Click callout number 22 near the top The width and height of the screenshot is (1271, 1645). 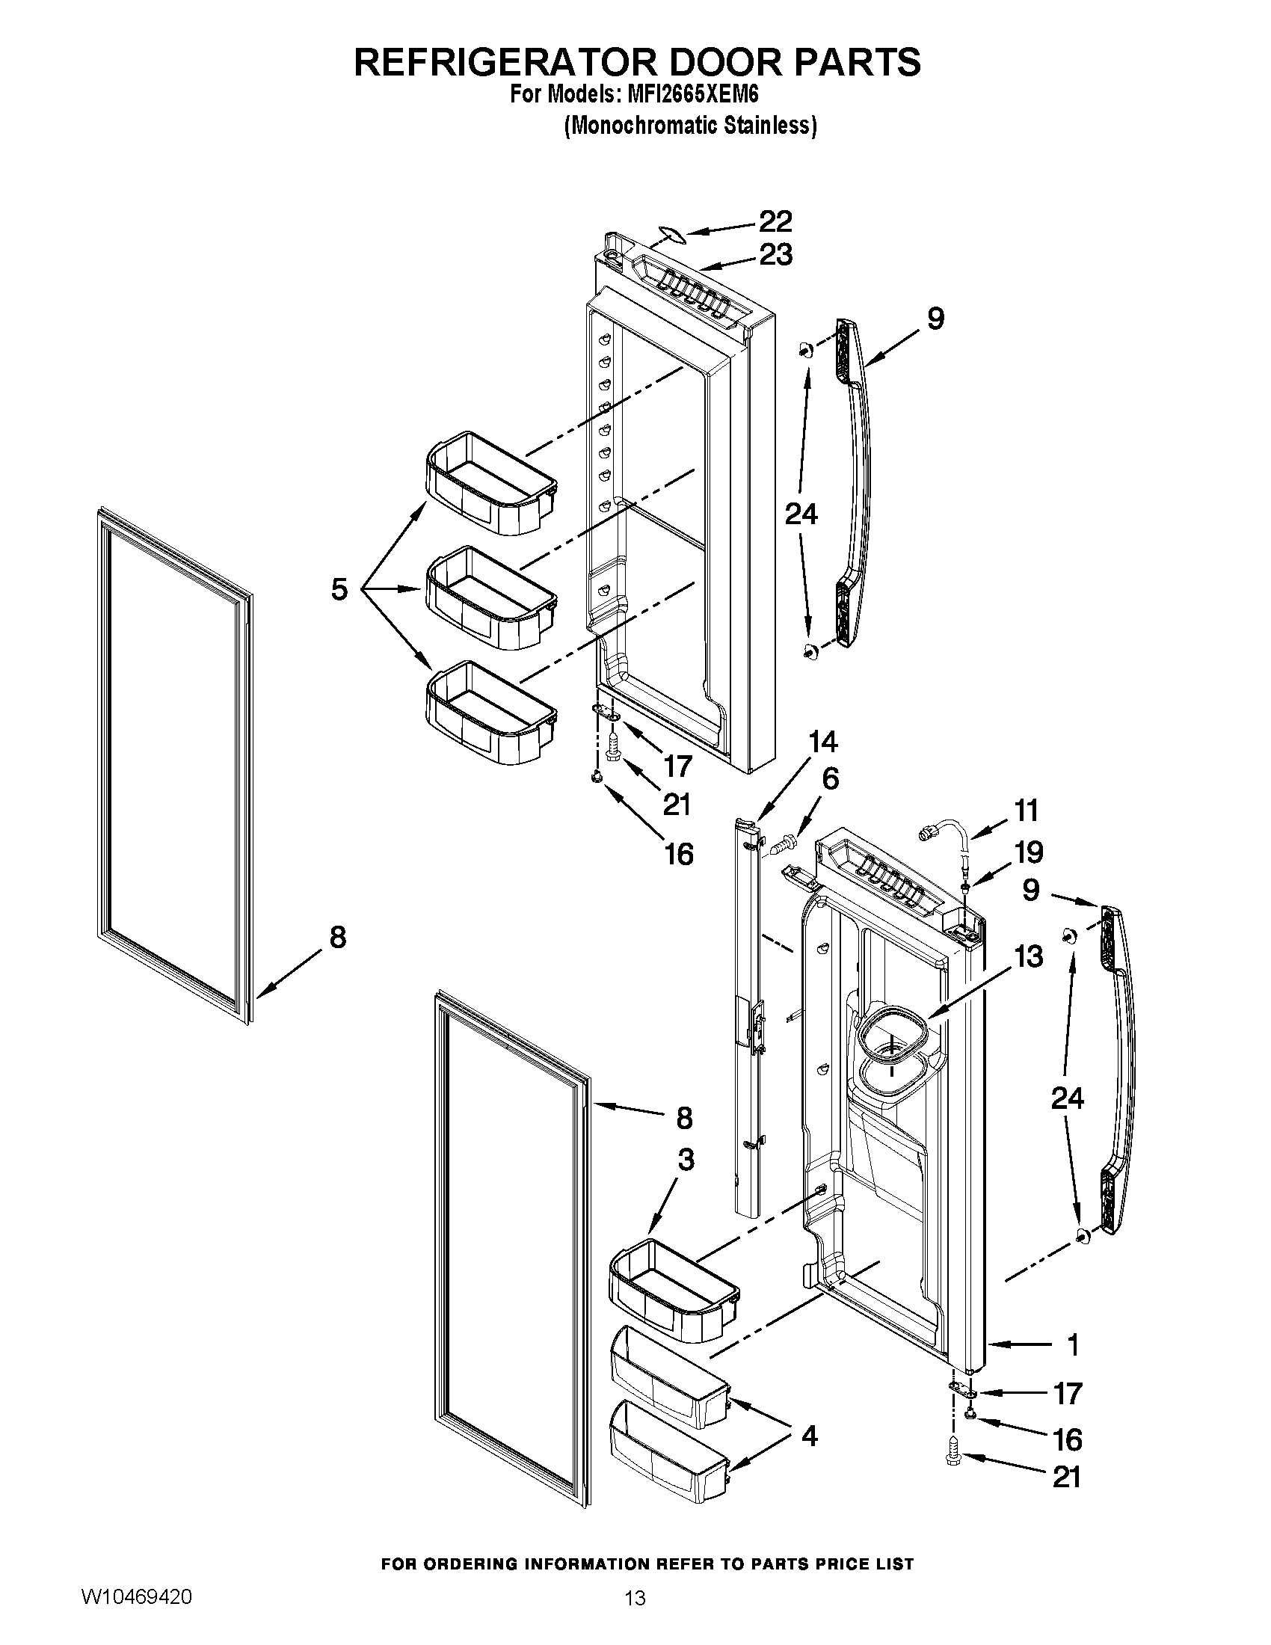pyautogui.click(x=775, y=221)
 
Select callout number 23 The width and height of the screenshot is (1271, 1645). pyautogui.click(x=775, y=255)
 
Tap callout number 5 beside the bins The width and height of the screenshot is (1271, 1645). pyautogui.click(x=339, y=589)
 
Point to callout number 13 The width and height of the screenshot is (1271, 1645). pyautogui.click(x=1028, y=956)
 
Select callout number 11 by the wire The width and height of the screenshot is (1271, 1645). pyautogui.click(x=1026, y=811)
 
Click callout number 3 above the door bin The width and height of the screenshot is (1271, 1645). pyautogui.click(x=685, y=1160)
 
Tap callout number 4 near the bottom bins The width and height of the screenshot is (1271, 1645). pyautogui.click(x=809, y=1437)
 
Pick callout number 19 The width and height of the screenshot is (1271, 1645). pyautogui.click(x=1028, y=852)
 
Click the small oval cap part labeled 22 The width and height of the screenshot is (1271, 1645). pyautogui.click(x=668, y=236)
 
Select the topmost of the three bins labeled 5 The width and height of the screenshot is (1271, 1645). pyautogui.click(x=490, y=482)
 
